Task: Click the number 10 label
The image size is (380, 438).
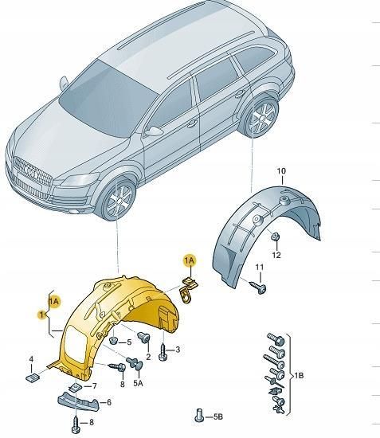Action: (280, 171)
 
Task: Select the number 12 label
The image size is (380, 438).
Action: (276, 255)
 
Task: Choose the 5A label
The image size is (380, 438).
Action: (138, 384)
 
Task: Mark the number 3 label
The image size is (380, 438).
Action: (178, 349)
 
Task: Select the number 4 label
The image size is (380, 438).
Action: (30, 359)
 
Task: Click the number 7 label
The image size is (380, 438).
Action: (93, 386)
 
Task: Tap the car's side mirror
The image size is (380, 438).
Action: (154, 129)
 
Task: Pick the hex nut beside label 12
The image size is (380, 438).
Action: (273, 237)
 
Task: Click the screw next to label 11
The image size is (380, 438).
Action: (259, 284)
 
